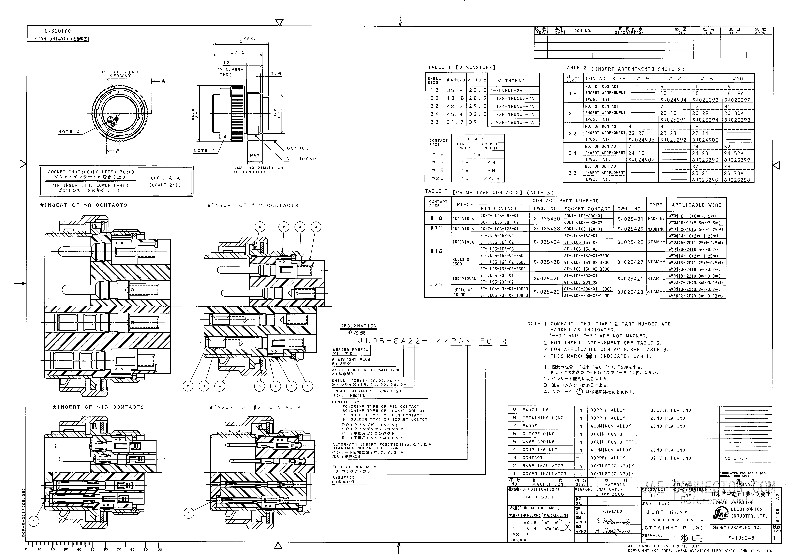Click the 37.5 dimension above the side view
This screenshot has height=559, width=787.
pos(238,52)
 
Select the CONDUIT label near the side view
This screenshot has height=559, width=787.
pos(300,148)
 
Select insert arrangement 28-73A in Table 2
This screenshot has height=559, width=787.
pos(733,173)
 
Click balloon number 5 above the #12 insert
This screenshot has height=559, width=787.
pos(260,227)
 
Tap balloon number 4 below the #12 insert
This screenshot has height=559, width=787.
pos(220,386)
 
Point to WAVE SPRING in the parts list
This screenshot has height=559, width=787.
pos(538,442)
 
